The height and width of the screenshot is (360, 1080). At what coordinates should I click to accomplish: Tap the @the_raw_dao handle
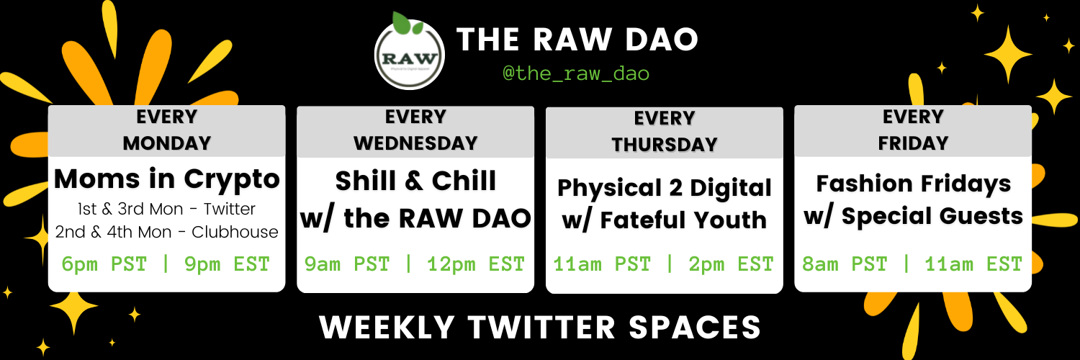(576, 73)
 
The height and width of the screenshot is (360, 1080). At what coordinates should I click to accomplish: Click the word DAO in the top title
(662, 40)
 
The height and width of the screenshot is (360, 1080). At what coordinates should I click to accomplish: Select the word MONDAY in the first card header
(167, 143)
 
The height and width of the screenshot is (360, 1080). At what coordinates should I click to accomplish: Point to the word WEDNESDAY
(415, 143)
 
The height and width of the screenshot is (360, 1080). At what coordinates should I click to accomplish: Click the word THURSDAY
(665, 145)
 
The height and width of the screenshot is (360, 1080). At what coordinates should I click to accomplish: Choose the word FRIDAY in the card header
(913, 143)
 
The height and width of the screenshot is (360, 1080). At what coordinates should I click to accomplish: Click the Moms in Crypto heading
(167, 179)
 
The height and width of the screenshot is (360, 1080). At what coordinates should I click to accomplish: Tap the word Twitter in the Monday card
(229, 209)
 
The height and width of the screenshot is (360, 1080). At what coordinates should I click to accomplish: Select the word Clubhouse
(235, 232)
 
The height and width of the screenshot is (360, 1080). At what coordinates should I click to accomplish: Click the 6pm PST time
(104, 264)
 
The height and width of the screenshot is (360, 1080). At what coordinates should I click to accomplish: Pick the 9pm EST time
(227, 264)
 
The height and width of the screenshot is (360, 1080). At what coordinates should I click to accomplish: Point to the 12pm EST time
(476, 264)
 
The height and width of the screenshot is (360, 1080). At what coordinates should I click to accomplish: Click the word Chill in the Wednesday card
(464, 181)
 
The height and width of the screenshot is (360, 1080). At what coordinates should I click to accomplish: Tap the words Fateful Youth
(683, 220)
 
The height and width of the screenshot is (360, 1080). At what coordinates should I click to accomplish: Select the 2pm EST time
(731, 264)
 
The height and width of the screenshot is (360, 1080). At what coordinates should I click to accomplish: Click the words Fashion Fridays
(913, 184)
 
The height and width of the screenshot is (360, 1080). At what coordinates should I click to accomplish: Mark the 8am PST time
(845, 264)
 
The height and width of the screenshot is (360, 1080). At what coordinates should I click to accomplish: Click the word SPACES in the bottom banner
(695, 328)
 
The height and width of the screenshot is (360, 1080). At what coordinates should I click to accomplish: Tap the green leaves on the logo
(406, 24)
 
